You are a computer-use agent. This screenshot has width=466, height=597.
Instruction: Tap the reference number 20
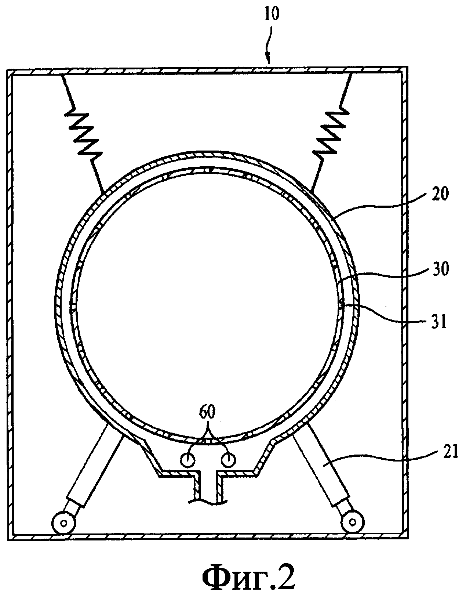[x=441, y=194]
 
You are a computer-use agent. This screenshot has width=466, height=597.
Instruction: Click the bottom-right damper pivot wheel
[x=353, y=521]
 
